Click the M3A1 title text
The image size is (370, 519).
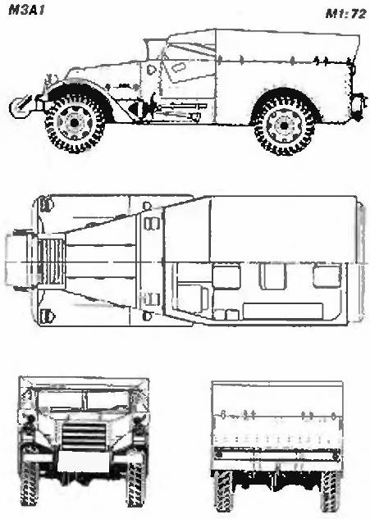tap(26, 11)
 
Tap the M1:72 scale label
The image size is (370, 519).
tap(346, 14)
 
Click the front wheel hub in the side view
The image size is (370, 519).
tap(75, 123)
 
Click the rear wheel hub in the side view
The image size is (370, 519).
tap(283, 125)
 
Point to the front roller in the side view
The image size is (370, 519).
tap(19, 107)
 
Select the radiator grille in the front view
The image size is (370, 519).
tap(84, 435)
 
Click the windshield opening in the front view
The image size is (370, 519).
tap(84, 399)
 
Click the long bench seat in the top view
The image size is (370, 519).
tap(282, 311)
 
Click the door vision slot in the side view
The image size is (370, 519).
tap(178, 67)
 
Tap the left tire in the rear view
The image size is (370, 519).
tap(223, 490)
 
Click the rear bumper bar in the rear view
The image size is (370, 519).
tap(277, 455)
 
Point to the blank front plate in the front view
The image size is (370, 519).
tap(83, 462)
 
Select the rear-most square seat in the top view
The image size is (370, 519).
tap(327, 275)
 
